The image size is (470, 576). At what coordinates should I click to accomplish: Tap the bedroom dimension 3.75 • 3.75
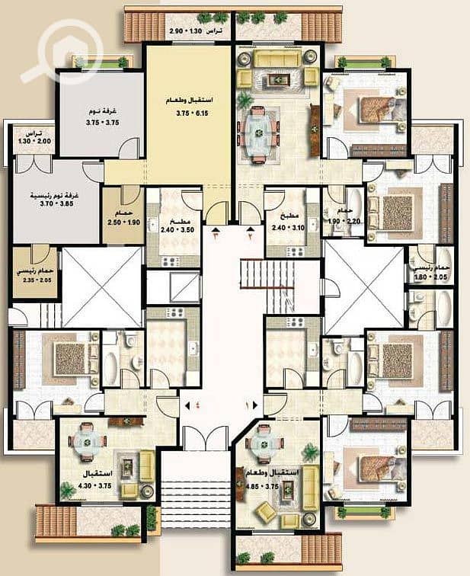coord(101,119)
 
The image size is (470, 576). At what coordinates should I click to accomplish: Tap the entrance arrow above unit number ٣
coord(216,228)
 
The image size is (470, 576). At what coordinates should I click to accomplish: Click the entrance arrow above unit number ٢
coord(251,228)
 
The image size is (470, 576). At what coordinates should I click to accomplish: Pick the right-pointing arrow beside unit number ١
coord(255,405)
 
